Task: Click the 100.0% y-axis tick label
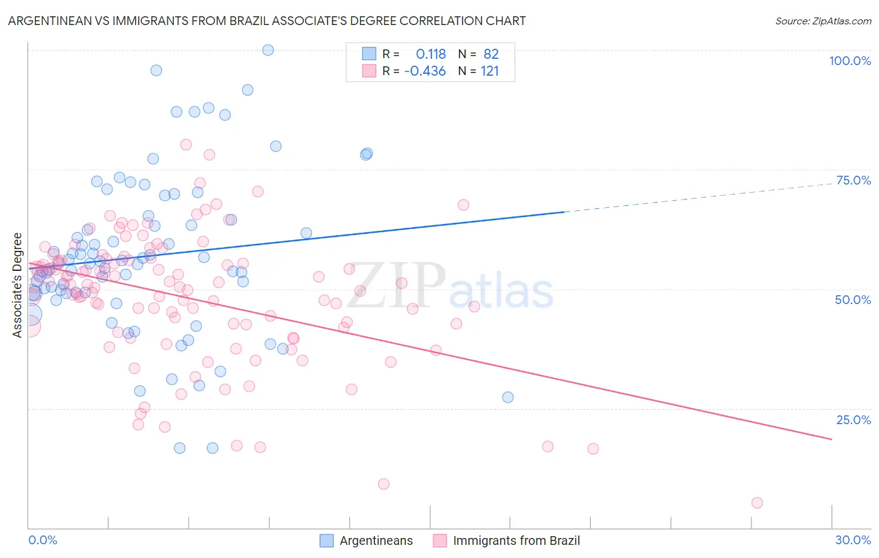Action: [x=850, y=61]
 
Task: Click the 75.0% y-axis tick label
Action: [x=853, y=180]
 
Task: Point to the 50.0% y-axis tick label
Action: [x=853, y=300]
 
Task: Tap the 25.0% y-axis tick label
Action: [x=853, y=419]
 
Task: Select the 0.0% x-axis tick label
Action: [x=43, y=540]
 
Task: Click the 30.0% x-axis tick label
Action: [x=853, y=540]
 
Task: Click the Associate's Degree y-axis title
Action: [x=18, y=285]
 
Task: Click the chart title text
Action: [x=267, y=21]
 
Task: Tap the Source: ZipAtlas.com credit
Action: [x=823, y=21]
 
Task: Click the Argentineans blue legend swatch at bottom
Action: [x=326, y=540]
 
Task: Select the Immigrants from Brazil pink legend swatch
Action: [x=440, y=540]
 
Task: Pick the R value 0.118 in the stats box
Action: [x=431, y=54]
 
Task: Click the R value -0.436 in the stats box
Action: [x=425, y=71]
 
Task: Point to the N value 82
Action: [x=491, y=54]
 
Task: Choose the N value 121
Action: [x=490, y=71]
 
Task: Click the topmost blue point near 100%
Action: [x=268, y=50]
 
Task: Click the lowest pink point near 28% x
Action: [x=757, y=503]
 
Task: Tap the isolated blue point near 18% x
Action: [x=508, y=397]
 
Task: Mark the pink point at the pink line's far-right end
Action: [x=757, y=503]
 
